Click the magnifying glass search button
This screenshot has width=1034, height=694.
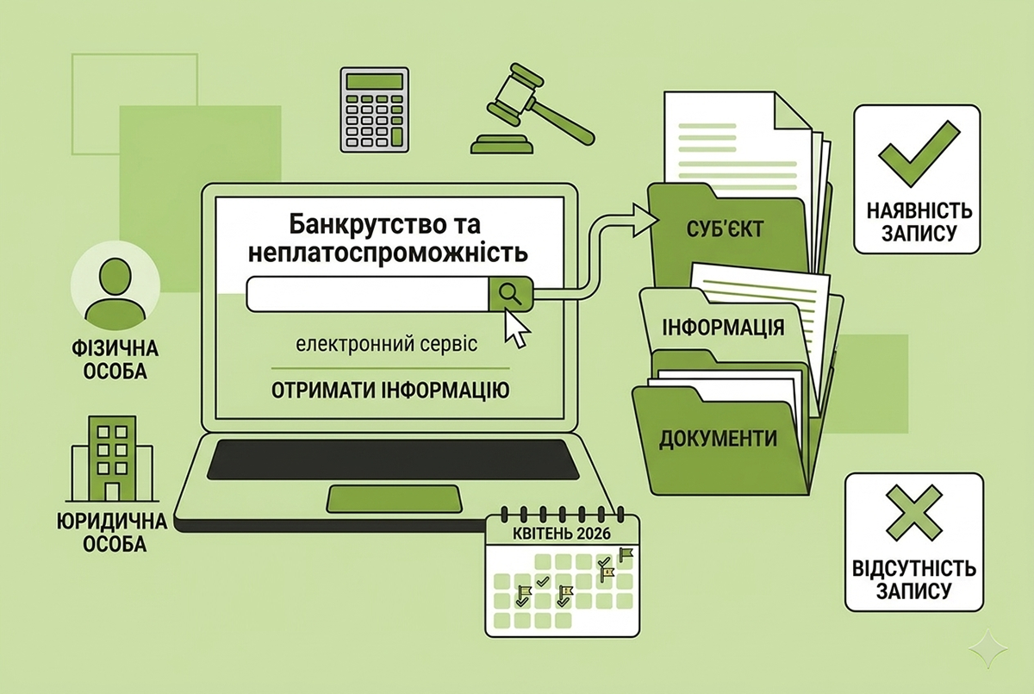(x=510, y=293)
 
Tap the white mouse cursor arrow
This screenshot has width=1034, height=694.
(x=515, y=328)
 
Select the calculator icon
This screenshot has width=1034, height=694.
(x=374, y=109)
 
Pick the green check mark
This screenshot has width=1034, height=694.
(x=919, y=153)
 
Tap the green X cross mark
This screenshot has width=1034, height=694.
(x=914, y=513)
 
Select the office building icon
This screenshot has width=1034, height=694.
(x=112, y=459)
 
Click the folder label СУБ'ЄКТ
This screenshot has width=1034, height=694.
(x=725, y=229)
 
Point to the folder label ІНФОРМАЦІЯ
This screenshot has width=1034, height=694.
(x=723, y=328)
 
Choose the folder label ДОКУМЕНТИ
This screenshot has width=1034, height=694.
(x=718, y=439)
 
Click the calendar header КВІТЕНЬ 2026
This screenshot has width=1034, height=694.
(x=562, y=534)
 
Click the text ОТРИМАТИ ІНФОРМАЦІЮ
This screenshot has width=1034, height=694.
(x=390, y=391)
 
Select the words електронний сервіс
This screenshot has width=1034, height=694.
(x=387, y=345)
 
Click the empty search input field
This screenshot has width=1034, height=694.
(x=367, y=294)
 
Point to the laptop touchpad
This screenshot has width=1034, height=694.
(x=395, y=498)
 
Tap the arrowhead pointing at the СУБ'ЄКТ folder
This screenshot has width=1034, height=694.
(x=645, y=221)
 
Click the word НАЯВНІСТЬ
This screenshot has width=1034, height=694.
(x=919, y=211)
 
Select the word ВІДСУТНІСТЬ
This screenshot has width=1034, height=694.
(x=914, y=568)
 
